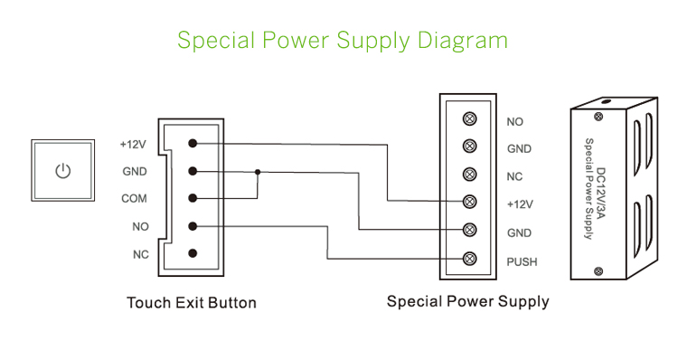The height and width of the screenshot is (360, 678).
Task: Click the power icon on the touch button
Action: (62, 171)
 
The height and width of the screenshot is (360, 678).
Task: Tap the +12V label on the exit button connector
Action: (133, 144)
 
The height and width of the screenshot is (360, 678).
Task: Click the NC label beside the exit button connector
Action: (140, 255)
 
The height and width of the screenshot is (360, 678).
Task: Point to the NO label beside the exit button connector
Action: (140, 227)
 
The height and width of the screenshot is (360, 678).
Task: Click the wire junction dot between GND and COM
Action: (258, 171)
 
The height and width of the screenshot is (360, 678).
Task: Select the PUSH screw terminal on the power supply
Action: (469, 260)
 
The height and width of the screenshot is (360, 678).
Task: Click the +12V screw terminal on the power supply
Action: (469, 202)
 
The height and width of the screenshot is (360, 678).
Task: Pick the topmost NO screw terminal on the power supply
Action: (469, 118)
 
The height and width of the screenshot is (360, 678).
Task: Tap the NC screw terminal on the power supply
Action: (469, 174)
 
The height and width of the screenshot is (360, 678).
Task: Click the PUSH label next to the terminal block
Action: (522, 262)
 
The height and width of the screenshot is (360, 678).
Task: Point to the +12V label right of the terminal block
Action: (520, 204)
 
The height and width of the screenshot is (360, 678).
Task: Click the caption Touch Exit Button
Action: (191, 303)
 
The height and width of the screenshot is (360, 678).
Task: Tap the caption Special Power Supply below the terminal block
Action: (467, 301)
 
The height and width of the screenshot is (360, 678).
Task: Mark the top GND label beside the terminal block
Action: (519, 149)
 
